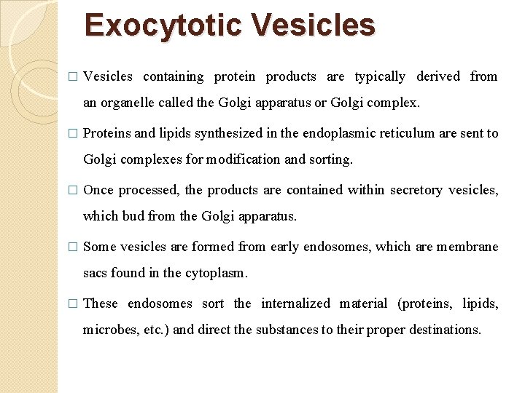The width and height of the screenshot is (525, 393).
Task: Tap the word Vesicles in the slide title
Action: (314, 25)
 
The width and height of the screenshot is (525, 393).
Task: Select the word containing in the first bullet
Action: (174, 76)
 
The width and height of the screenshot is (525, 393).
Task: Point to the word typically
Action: (379, 76)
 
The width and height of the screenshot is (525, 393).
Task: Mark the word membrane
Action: (469, 247)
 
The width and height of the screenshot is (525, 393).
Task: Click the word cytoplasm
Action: (217, 273)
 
